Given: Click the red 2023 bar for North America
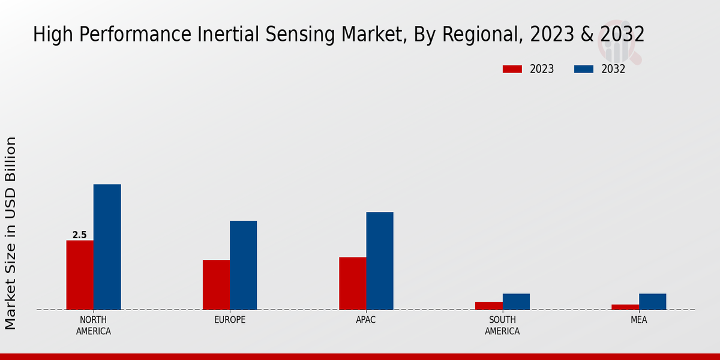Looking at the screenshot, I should (x=80, y=275).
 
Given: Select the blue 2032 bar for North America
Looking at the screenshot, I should (x=107, y=247).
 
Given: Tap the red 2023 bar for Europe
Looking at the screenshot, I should (x=216, y=284).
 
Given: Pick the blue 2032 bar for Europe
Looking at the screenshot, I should (x=243, y=265).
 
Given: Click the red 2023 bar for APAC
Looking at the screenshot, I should (x=352, y=283).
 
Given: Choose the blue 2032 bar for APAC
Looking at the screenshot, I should (x=380, y=260).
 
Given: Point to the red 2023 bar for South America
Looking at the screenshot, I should (x=489, y=305).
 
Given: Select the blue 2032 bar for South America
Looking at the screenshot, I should (x=516, y=301).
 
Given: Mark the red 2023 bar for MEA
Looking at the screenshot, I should (x=625, y=307).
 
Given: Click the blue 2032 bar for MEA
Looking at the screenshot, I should (x=652, y=301).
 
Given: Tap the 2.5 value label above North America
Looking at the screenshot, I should (x=80, y=235).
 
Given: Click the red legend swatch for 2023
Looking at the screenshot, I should (x=512, y=69).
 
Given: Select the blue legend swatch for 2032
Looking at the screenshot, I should (x=584, y=69).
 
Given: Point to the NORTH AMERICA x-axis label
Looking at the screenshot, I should (x=94, y=325).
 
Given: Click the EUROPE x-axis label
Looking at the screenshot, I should (x=230, y=320).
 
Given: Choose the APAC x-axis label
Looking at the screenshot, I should (x=366, y=320).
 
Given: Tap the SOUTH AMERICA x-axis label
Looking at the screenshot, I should (x=502, y=325).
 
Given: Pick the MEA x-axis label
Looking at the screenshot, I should (x=639, y=320).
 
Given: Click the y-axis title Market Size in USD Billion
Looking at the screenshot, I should (x=11, y=233).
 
